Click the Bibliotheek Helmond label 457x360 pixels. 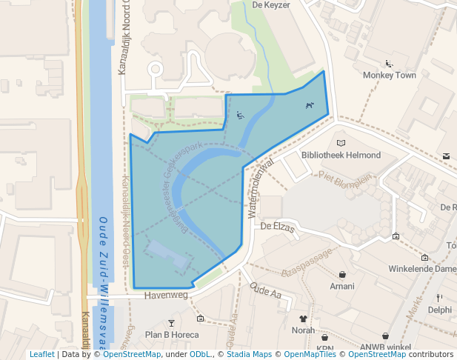click(x=341, y=155)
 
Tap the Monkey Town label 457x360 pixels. click(x=389, y=75)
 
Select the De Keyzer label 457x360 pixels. click(x=271, y=4)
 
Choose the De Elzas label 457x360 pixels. click(x=278, y=227)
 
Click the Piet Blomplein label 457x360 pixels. click(x=344, y=178)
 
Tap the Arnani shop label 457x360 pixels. click(x=342, y=286)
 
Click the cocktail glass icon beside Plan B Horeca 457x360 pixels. click(x=172, y=322)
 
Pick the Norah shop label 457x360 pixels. click(x=303, y=330)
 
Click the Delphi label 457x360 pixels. click(x=439, y=310)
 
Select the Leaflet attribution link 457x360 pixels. click(x=42, y=354)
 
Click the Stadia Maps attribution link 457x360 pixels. click(x=249, y=354)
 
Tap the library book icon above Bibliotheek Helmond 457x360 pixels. click(x=341, y=142)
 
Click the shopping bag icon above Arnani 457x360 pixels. click(x=342, y=274)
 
